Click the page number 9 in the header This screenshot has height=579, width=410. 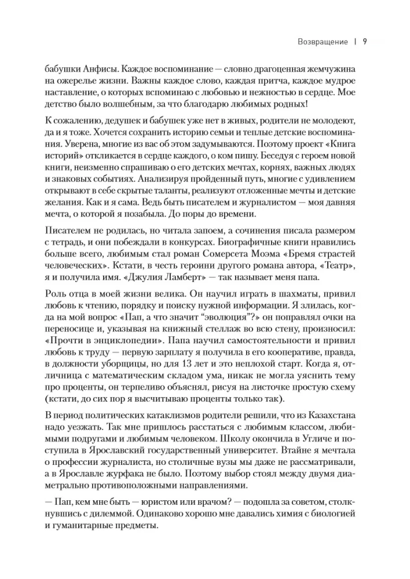pyautogui.click(x=365, y=42)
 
